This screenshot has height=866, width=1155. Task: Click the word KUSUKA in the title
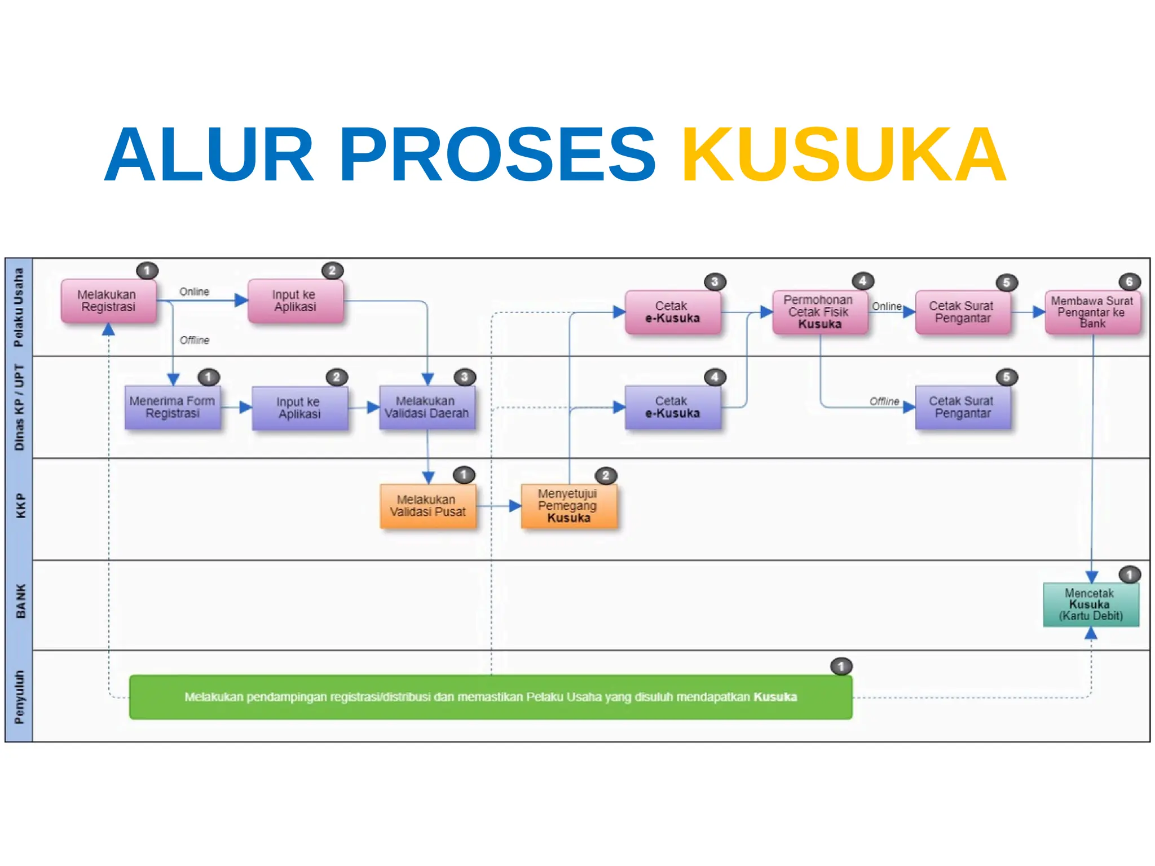pyautogui.click(x=844, y=155)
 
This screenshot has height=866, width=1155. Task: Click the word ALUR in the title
pyautogui.click(x=209, y=155)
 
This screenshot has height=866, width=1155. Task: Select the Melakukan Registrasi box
pyautogui.click(x=108, y=301)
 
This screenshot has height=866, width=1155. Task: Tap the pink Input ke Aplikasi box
pyautogui.click(x=295, y=301)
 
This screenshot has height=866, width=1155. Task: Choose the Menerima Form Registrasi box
pyautogui.click(x=173, y=407)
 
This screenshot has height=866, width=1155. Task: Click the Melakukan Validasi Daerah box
pyautogui.click(x=427, y=407)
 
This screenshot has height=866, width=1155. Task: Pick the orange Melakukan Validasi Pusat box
pyautogui.click(x=427, y=506)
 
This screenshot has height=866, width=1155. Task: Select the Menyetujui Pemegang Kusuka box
pyautogui.click(x=568, y=506)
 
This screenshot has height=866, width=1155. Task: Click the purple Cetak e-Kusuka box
pyautogui.click(x=672, y=407)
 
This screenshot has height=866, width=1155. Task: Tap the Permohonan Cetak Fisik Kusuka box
pyautogui.click(x=819, y=312)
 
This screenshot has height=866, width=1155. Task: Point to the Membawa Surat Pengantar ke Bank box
pyautogui.click(x=1092, y=312)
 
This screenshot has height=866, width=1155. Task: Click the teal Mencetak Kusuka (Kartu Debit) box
pyautogui.click(x=1091, y=604)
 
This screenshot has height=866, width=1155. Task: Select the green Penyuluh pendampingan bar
pyautogui.click(x=491, y=697)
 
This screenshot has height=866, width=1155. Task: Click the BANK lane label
pyautogui.click(x=20, y=601)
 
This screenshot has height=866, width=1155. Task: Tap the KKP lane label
pyautogui.click(x=20, y=506)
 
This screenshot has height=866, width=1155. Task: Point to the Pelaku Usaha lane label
pyautogui.click(x=19, y=307)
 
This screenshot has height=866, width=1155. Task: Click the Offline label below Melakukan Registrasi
pyautogui.click(x=195, y=340)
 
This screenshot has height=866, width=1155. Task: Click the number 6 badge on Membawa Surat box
pyautogui.click(x=1129, y=282)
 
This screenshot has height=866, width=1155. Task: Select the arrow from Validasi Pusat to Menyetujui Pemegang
pyautogui.click(x=499, y=506)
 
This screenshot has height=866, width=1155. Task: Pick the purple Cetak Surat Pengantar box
pyautogui.click(x=962, y=407)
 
